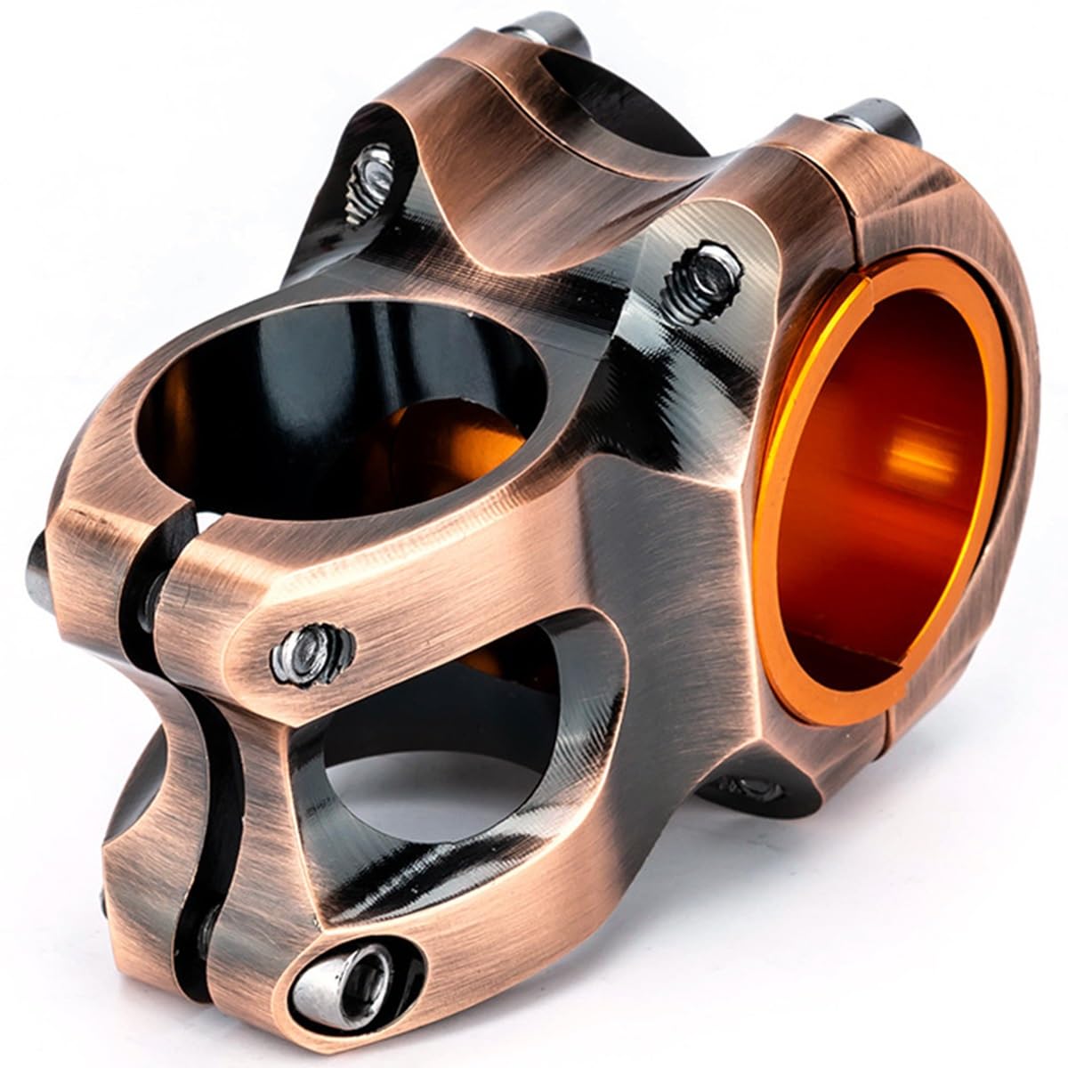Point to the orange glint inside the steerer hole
point(445,445)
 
